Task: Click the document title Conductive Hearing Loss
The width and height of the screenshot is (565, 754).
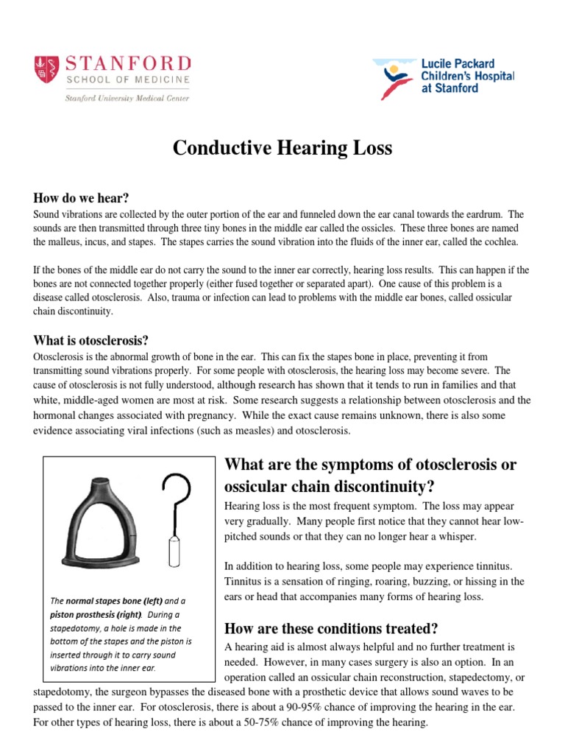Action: [282, 149]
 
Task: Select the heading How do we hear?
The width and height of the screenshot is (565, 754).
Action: [82, 198]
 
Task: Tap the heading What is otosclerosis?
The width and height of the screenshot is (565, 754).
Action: [91, 340]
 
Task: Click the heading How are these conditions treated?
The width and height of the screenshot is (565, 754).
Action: [330, 629]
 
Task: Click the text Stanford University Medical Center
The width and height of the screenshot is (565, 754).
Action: [117, 97]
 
